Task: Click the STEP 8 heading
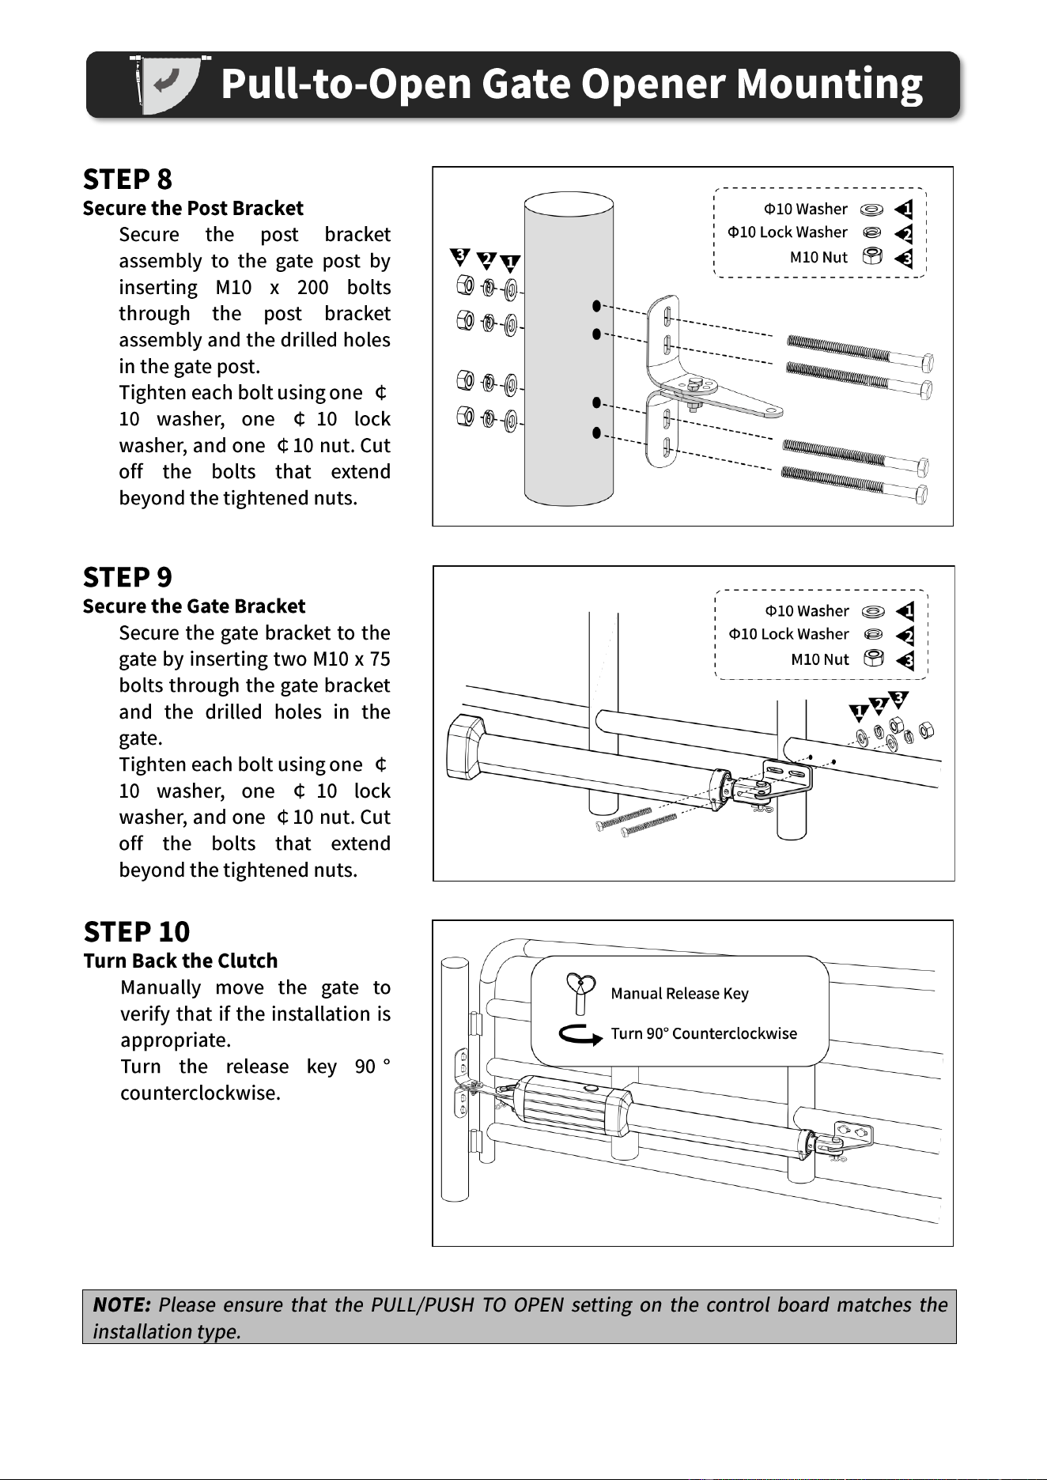pos(127,179)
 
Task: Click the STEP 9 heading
pos(127,577)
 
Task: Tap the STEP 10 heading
pos(137,931)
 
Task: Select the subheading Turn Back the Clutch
pos(181,961)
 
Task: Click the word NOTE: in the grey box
pos(122,1304)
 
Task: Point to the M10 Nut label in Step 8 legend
pos(818,257)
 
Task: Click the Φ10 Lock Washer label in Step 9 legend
pos(788,634)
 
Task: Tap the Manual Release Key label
pos(679,993)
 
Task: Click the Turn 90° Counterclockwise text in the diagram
pos(704,1033)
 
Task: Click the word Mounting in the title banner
pos(830,85)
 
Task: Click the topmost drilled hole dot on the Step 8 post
pos(597,305)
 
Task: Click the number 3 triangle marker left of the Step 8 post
pos(459,255)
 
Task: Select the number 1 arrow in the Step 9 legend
pos(905,611)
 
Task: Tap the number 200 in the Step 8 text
pos(313,287)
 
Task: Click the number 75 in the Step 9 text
pos(380,659)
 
